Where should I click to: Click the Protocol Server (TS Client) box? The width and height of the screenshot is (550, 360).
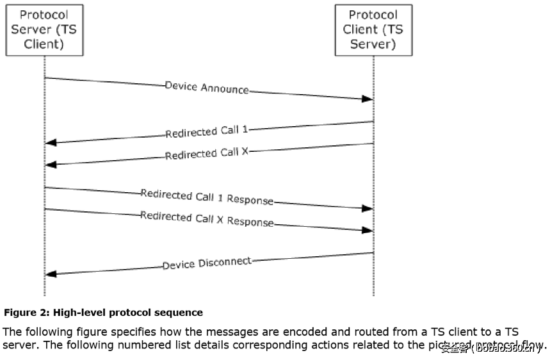[45, 29]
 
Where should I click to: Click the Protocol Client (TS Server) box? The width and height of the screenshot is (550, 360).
[373, 29]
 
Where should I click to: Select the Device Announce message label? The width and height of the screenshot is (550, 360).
[207, 88]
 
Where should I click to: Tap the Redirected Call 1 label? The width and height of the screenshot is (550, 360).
[206, 131]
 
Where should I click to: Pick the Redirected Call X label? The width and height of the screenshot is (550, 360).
[206, 154]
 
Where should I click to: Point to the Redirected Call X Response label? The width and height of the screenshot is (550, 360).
[207, 220]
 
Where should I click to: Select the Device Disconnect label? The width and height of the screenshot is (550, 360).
[207, 263]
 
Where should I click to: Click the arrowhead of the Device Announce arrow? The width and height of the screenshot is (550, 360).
[368, 99]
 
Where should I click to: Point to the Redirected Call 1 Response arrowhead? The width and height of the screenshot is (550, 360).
[368, 208]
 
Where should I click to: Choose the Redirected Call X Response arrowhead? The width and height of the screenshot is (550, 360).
[368, 230]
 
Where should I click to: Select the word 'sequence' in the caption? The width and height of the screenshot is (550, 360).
[182, 313]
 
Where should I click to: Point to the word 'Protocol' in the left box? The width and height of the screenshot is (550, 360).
[45, 14]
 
